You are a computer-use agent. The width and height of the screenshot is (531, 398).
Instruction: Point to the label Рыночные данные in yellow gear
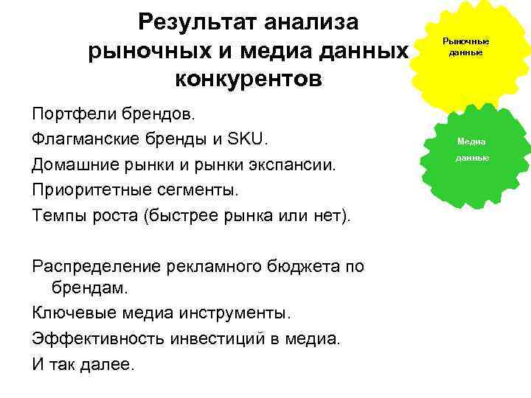pos(465,47)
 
